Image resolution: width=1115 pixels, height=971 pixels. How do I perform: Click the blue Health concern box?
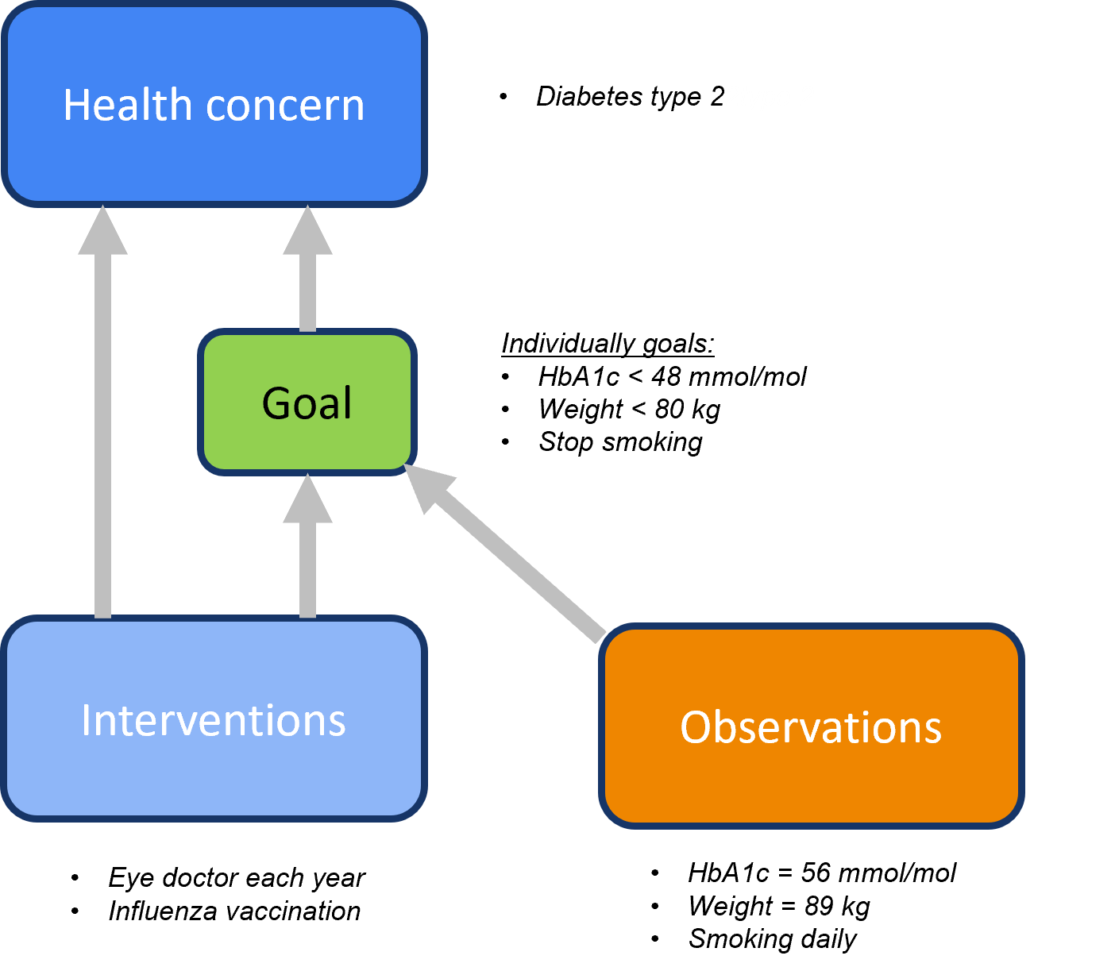click(x=214, y=159)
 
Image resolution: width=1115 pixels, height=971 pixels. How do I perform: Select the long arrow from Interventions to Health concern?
click(x=102, y=437)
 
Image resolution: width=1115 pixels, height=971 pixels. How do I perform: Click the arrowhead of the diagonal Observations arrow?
click(x=427, y=487)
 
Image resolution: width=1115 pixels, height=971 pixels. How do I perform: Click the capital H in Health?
click(x=77, y=105)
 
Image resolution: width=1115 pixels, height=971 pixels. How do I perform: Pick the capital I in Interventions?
click(x=87, y=720)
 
